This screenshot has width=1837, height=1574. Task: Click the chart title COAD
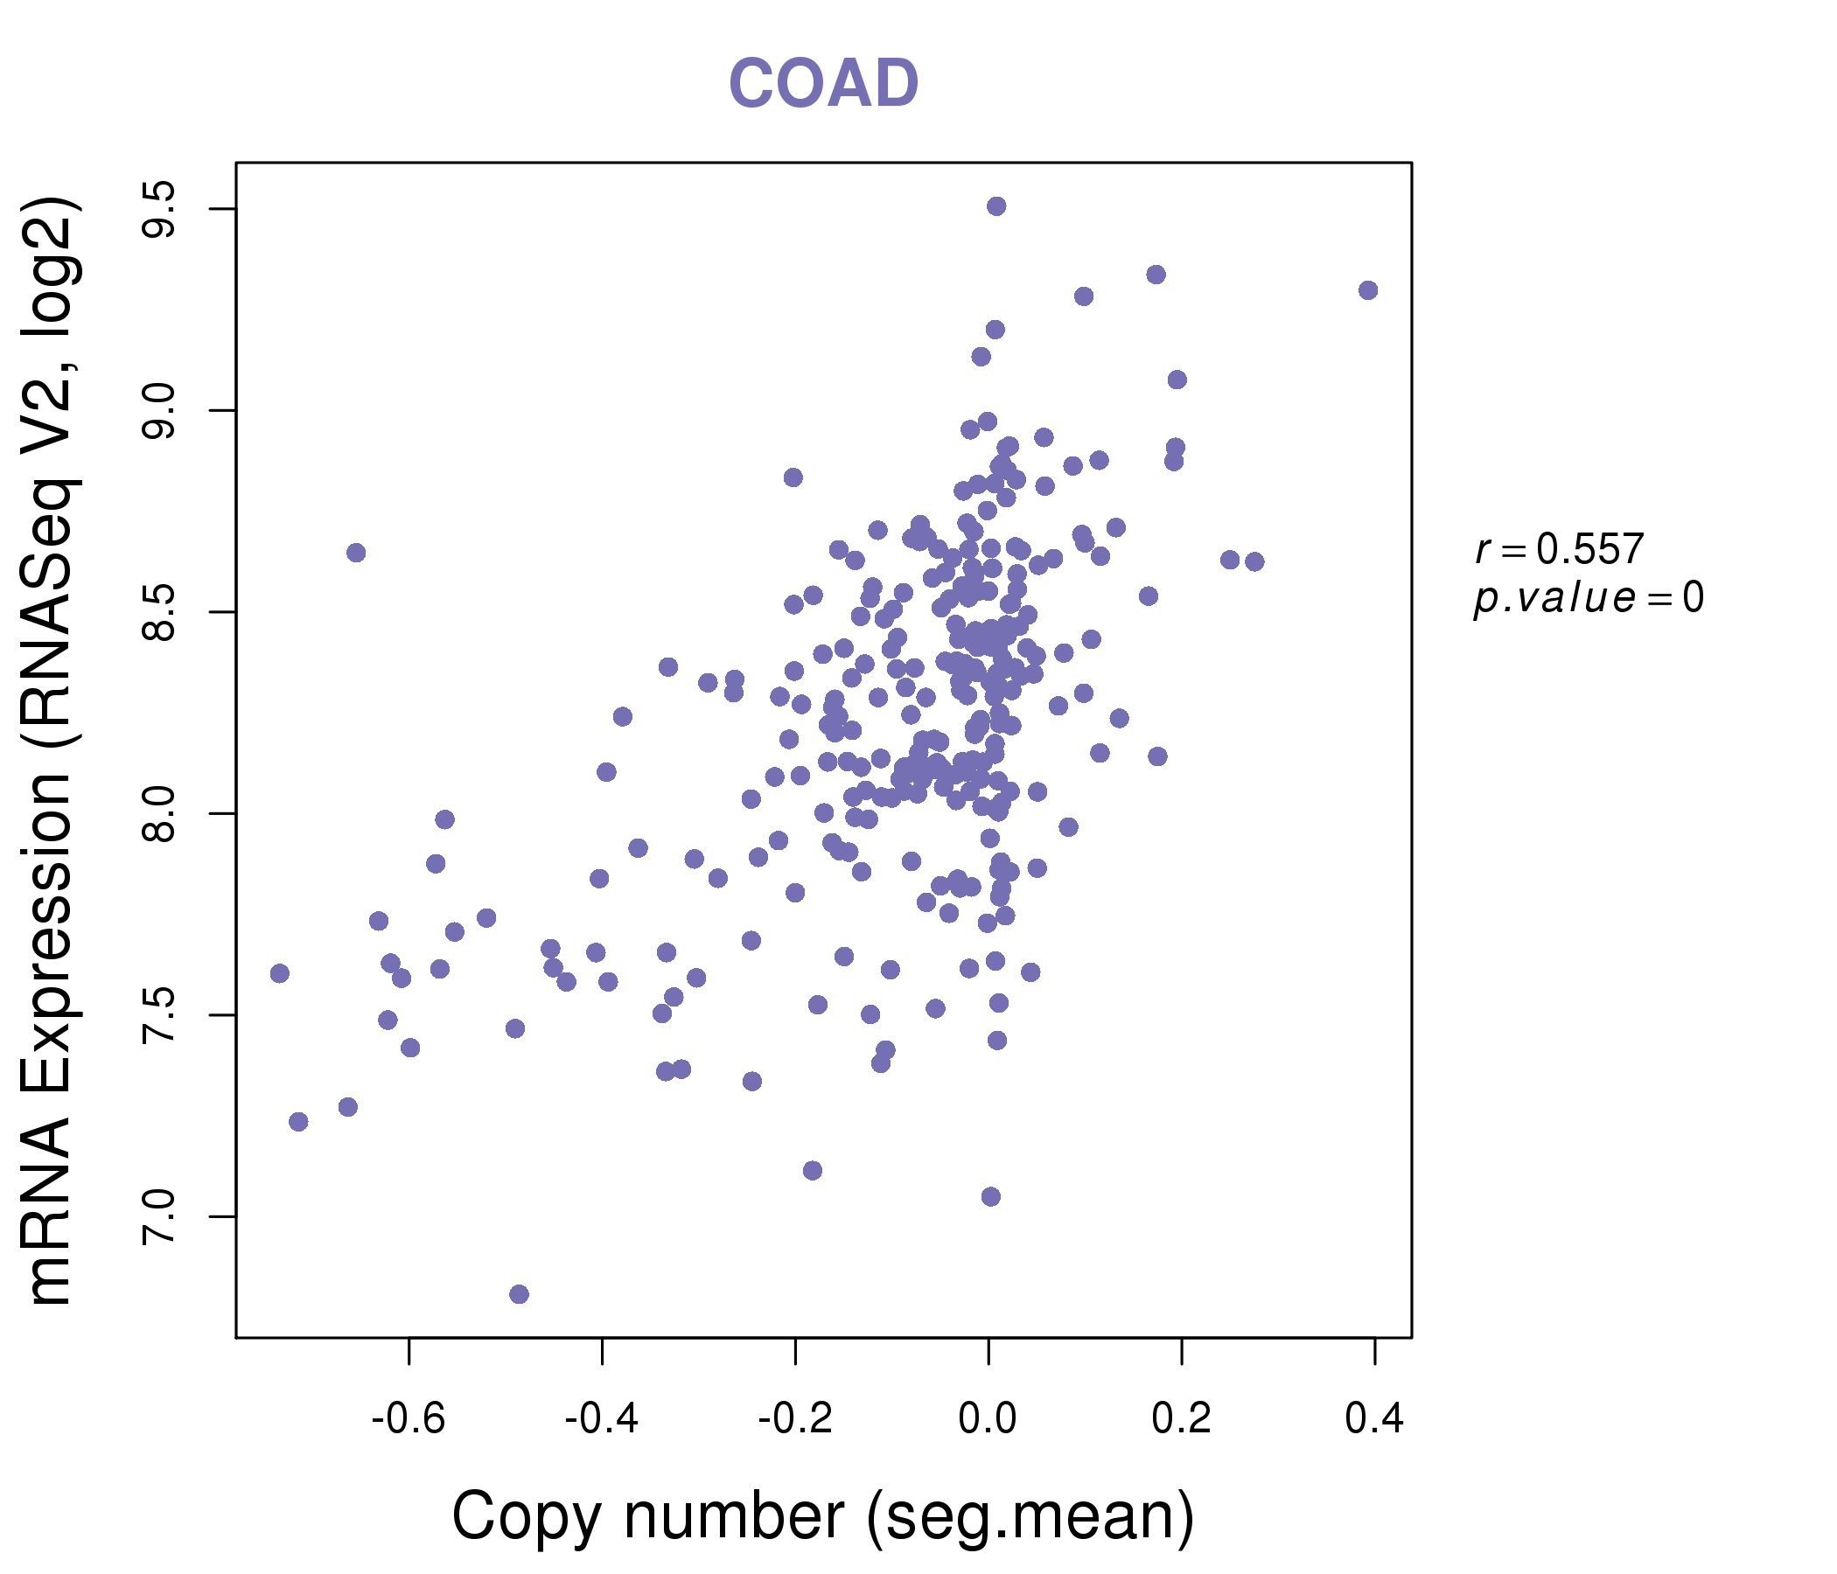pyautogui.click(x=823, y=83)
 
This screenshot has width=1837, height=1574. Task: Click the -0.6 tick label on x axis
pyautogui.click(x=408, y=1418)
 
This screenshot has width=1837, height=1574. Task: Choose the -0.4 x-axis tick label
pyautogui.click(x=601, y=1418)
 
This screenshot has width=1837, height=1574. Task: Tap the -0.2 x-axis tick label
pyautogui.click(x=794, y=1418)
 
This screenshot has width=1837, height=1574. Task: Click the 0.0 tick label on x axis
pyautogui.click(x=988, y=1418)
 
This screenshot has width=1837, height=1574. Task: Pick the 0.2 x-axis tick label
pyautogui.click(x=1181, y=1418)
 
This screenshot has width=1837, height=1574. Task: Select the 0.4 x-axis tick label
pyautogui.click(x=1374, y=1418)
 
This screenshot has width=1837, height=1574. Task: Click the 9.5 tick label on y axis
pyautogui.click(x=159, y=209)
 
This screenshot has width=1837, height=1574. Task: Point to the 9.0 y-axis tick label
pyautogui.click(x=159, y=410)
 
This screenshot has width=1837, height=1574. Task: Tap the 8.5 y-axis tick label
pyautogui.click(x=159, y=611)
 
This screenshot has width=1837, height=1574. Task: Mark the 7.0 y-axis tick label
pyautogui.click(x=159, y=1216)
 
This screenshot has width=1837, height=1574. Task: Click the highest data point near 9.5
pyautogui.click(x=996, y=206)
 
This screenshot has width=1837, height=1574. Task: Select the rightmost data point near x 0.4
pyautogui.click(x=1368, y=290)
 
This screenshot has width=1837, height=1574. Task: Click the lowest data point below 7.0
pyautogui.click(x=520, y=1294)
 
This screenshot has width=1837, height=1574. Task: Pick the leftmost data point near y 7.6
pyautogui.click(x=280, y=973)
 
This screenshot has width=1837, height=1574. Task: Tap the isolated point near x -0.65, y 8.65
pyautogui.click(x=356, y=553)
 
